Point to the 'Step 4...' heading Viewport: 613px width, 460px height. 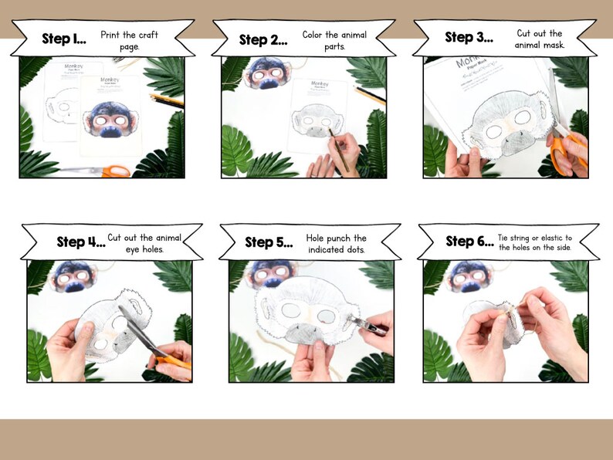(80, 242)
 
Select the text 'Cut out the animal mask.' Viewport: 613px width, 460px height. (540, 39)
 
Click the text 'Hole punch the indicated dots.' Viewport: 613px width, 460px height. (337, 244)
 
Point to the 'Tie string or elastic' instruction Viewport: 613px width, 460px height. (537, 242)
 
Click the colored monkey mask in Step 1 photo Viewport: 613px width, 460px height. (113, 123)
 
